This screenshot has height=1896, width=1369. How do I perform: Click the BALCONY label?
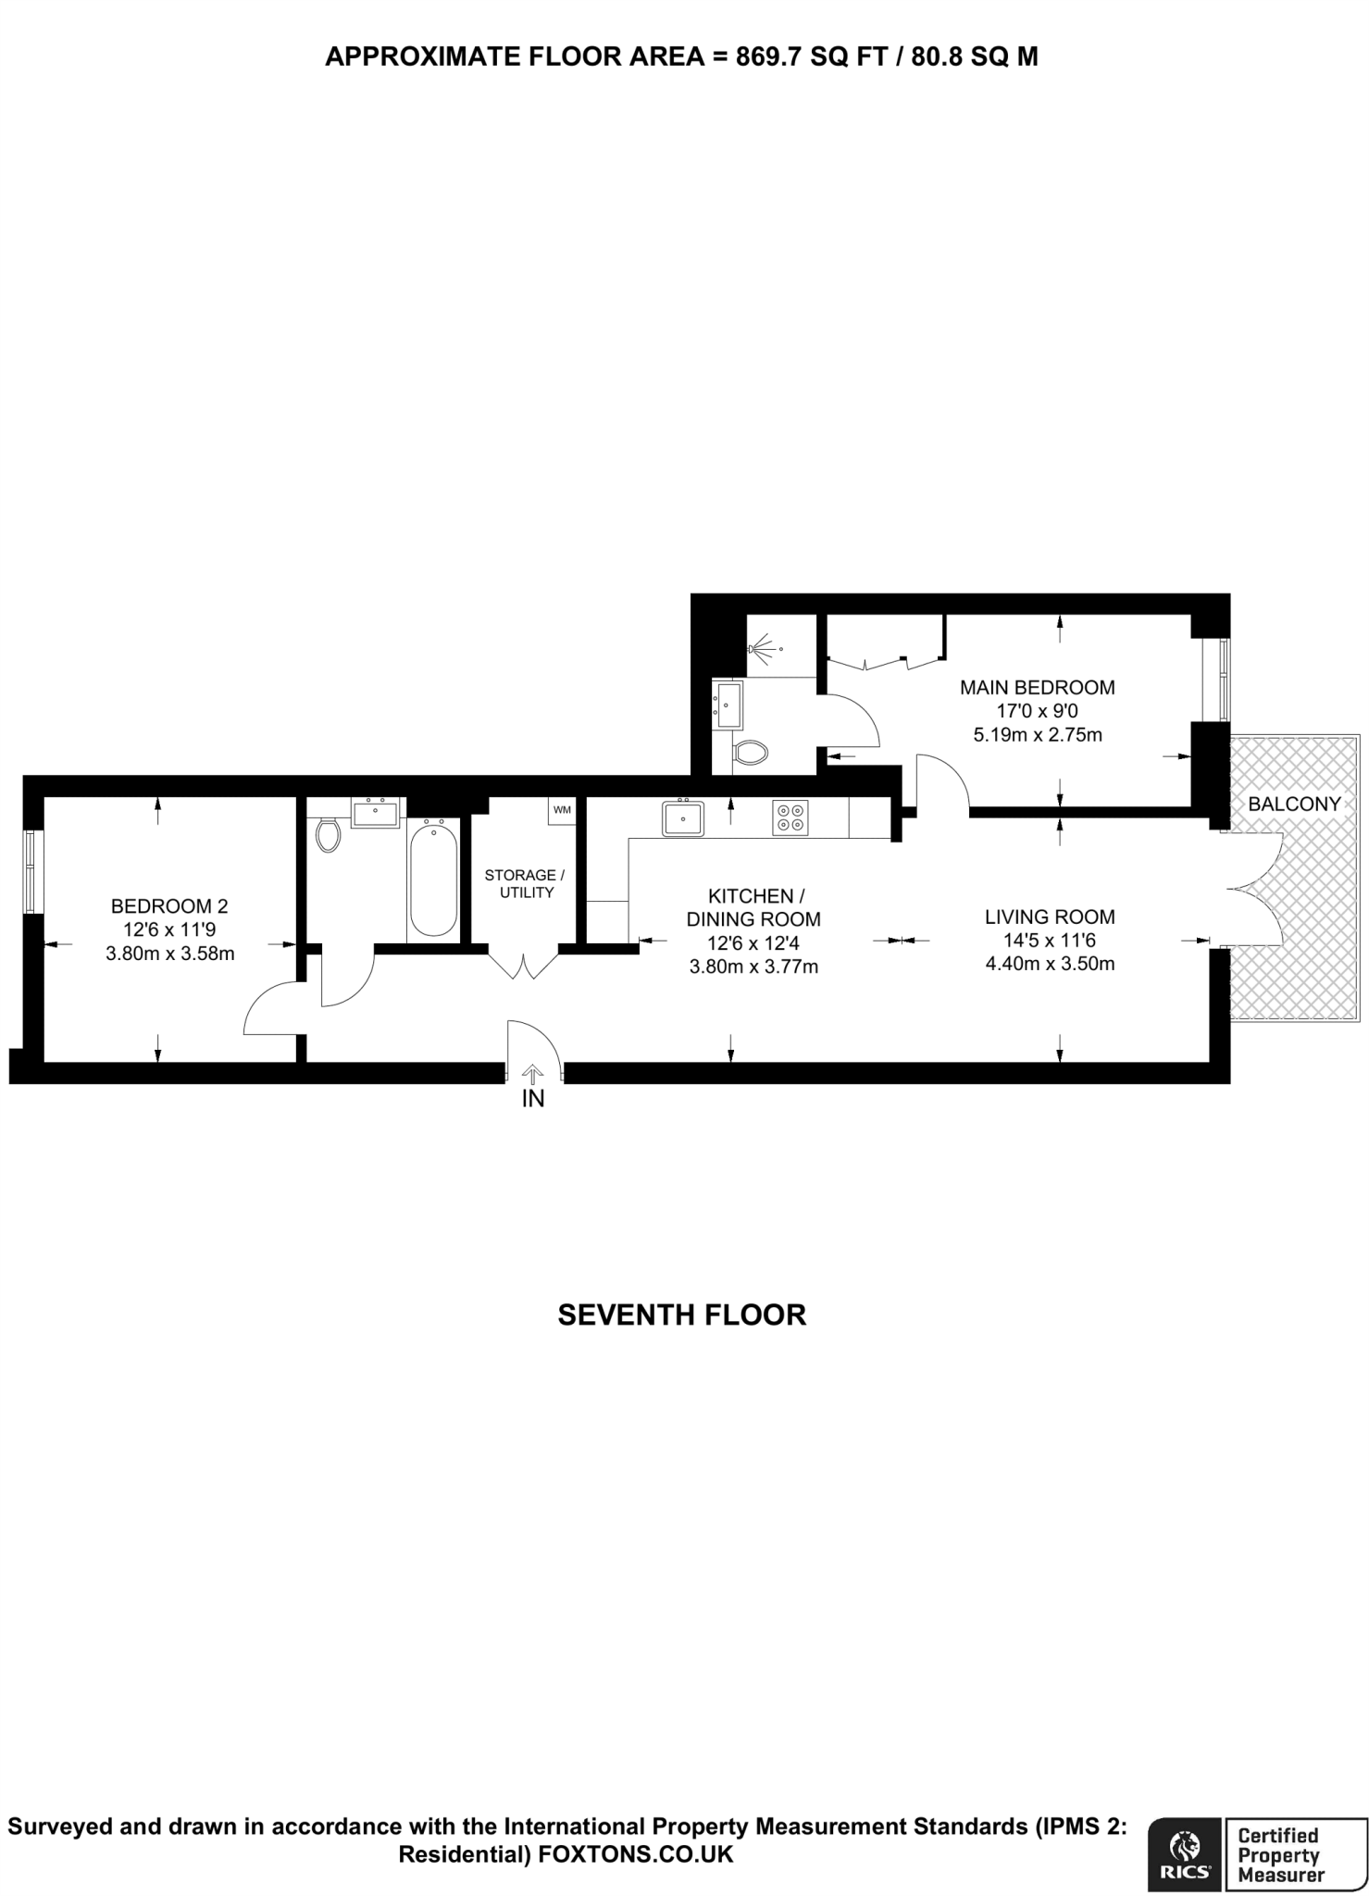[1294, 804]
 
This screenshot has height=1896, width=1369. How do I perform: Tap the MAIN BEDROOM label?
[1037, 688]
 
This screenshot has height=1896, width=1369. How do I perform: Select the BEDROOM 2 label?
[169, 905]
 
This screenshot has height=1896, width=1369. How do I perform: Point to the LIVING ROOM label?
[1050, 917]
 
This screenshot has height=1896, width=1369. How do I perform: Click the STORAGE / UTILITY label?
[526, 883]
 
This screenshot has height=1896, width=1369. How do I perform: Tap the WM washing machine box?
[562, 810]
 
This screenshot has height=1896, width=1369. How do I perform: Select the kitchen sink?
[683, 818]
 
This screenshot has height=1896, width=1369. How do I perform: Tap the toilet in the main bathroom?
[327, 833]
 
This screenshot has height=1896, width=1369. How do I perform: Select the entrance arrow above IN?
[533, 1073]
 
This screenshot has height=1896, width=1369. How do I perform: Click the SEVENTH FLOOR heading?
[682, 1315]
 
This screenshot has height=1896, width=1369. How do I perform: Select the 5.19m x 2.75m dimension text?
[1037, 736]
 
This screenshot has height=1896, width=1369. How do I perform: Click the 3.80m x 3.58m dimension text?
[169, 954]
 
